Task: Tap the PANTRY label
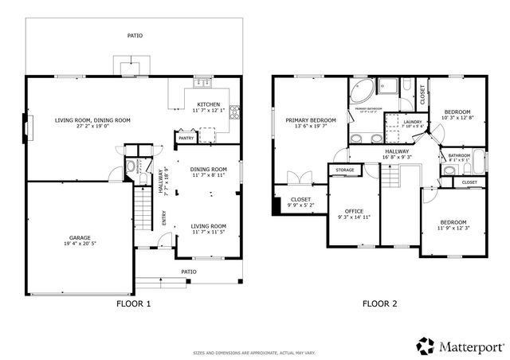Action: click(186, 138)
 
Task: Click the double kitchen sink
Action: click(202, 82)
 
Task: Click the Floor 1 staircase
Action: click(141, 212)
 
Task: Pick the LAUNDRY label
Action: click(395, 122)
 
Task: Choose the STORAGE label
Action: click(344, 170)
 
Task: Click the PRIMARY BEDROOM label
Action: click(311, 120)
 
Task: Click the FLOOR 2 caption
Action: click(379, 303)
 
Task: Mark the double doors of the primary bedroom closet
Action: click(296, 178)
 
